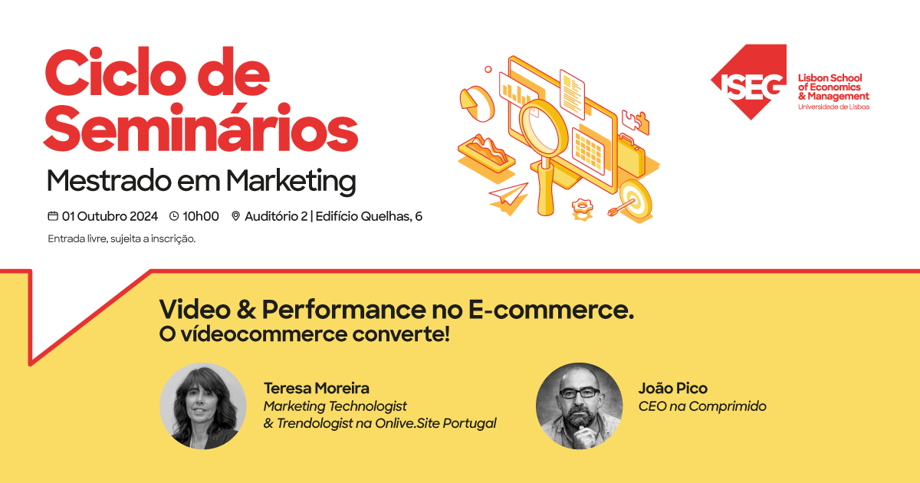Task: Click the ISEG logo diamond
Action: [x=750, y=82]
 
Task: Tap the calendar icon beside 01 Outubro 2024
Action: [x=53, y=216]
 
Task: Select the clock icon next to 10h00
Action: [x=174, y=216]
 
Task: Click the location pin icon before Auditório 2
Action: [x=235, y=216]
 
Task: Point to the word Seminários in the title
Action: [x=201, y=128]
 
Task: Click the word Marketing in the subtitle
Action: [x=291, y=181]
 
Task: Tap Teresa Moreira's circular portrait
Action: [x=203, y=406]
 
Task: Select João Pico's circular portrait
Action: [x=579, y=406]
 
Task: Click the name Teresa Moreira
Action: [x=316, y=388]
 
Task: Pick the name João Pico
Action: [x=673, y=388]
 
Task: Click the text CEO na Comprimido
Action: [x=702, y=406]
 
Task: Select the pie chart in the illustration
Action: [x=476, y=103]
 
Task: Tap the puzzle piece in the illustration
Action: [x=636, y=122]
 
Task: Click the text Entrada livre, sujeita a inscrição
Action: [x=122, y=239]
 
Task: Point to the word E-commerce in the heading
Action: [x=551, y=309]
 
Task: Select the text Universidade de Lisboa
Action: [x=834, y=107]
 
